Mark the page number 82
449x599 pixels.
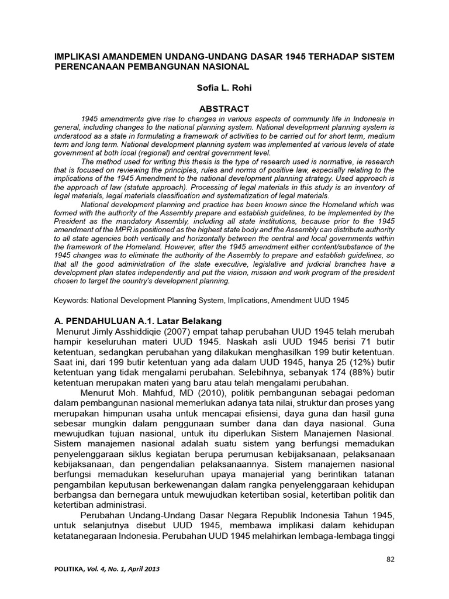391,560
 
